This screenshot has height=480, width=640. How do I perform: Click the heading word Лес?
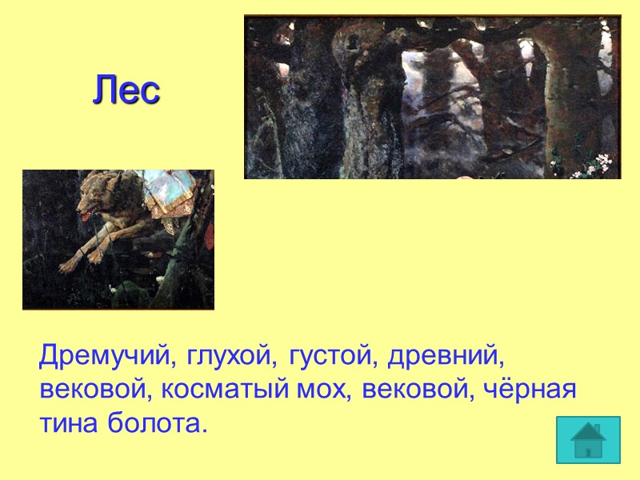pyautogui.click(x=126, y=90)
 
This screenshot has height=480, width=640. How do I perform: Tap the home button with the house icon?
pyautogui.click(x=588, y=439)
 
